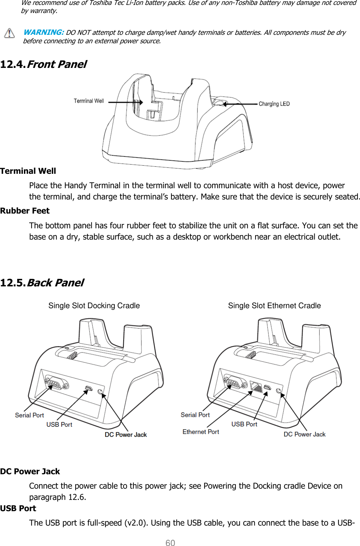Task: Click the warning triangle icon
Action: point(10,33)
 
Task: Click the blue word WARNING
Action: point(43,32)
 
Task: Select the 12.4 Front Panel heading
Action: point(44,64)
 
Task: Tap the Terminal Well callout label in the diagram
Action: point(89,101)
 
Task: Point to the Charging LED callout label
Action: point(274,104)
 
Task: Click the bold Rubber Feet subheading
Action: point(25,211)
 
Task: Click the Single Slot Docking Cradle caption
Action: point(94,305)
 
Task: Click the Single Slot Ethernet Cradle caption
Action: point(274,305)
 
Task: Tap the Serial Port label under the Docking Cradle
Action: point(30,415)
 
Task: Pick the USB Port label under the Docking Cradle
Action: point(59,425)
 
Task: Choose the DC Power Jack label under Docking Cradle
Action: point(126,434)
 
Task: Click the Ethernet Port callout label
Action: point(201,432)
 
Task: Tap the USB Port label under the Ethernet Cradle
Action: point(244,424)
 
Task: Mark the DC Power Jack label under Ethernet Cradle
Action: point(304,434)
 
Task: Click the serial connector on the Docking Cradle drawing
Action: point(56,383)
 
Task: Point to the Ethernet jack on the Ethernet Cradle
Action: point(256,387)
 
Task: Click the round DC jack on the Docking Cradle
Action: point(100,392)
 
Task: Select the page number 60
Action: point(170,543)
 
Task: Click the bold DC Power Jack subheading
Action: point(30,471)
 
